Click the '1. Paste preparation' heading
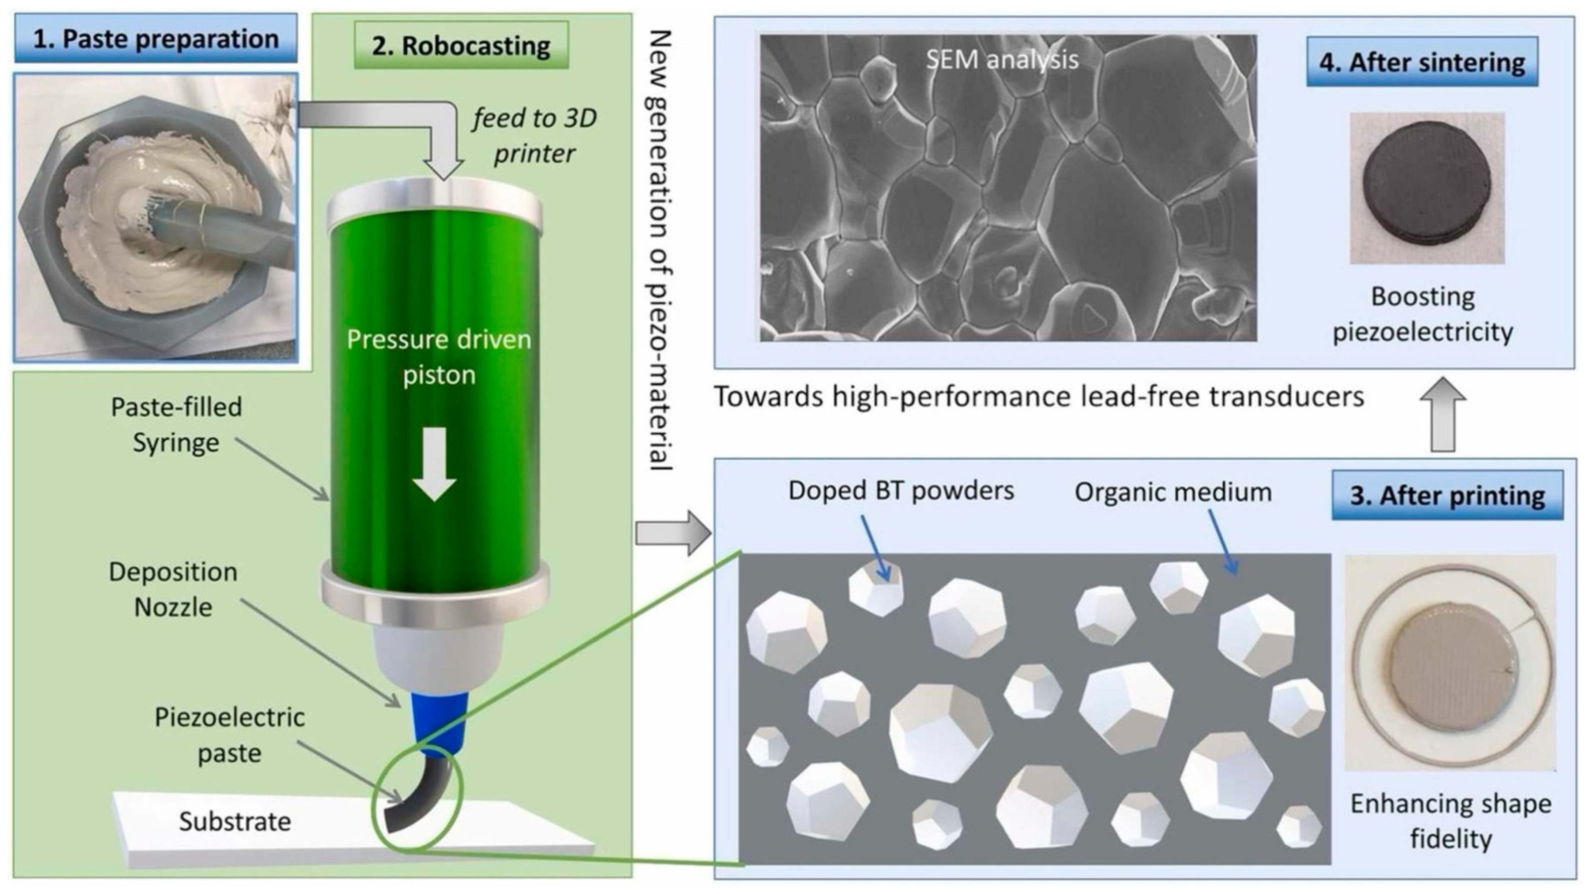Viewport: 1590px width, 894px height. [x=155, y=39]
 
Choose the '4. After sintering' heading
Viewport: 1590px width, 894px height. [x=1422, y=63]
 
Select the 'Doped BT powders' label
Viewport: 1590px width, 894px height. [x=901, y=491]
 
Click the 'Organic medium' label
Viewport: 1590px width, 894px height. [x=1173, y=492]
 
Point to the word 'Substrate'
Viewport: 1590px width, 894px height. [x=235, y=821]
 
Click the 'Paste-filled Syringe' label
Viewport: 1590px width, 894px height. [x=176, y=424]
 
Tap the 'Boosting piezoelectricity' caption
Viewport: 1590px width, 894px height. [x=1423, y=315]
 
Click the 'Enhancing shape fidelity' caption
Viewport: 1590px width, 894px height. [x=1450, y=821]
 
